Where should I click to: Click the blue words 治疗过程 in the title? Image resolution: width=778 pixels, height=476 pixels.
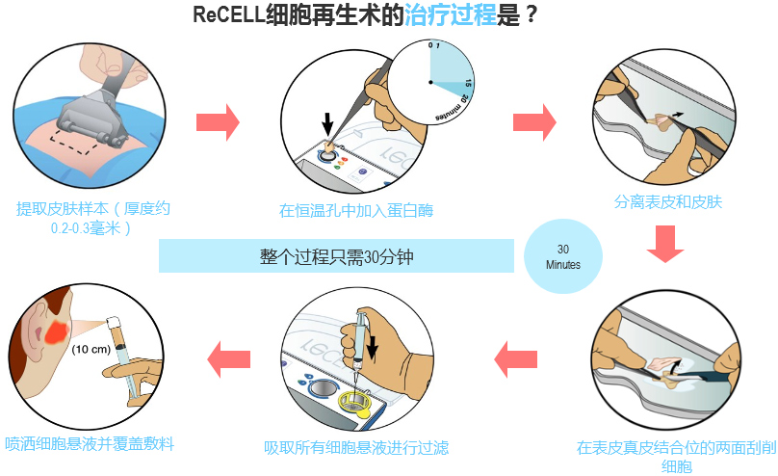451,14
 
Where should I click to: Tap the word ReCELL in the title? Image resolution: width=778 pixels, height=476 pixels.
229,14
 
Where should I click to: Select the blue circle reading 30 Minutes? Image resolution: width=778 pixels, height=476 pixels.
563,256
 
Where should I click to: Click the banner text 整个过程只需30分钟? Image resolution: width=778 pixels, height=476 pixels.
336,256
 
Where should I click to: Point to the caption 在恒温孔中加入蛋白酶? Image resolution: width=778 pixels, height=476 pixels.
356,210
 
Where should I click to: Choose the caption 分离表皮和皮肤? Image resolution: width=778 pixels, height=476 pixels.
668,202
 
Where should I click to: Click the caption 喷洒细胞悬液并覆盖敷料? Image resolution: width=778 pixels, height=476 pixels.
90,443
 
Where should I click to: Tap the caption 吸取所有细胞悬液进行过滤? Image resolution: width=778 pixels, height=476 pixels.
356,448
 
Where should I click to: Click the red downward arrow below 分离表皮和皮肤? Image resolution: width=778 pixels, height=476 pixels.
665,244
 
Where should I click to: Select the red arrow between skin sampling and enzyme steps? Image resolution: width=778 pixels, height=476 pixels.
218,122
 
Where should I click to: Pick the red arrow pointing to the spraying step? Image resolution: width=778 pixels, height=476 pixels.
229,359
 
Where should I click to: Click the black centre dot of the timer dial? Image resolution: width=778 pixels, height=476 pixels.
430,83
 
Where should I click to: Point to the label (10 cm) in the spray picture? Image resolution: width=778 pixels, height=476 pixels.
91,350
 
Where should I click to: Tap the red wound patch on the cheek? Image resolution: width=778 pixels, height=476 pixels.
56,331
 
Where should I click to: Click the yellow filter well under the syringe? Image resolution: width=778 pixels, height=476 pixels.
354,402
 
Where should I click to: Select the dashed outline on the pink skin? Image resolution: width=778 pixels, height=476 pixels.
75,141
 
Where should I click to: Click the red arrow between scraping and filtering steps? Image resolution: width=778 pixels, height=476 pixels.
516,359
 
